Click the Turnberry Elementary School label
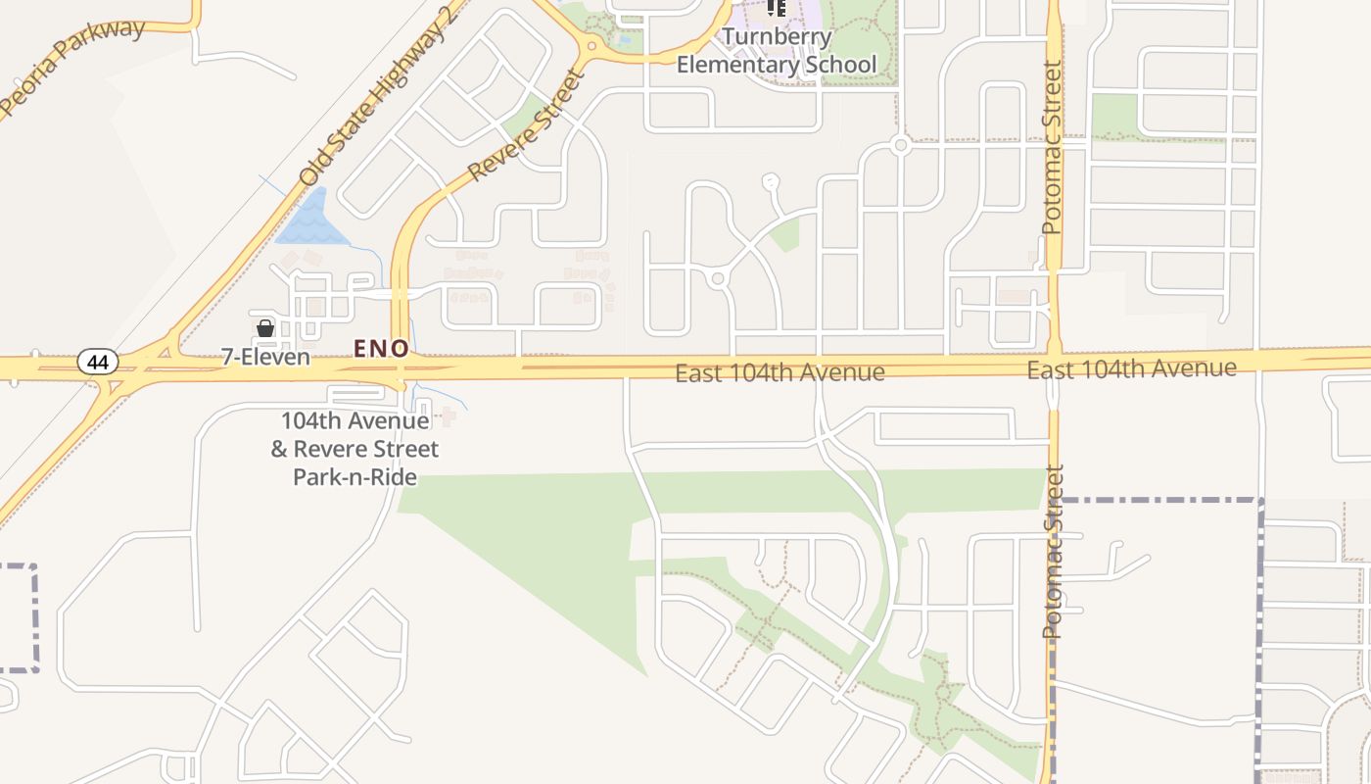(777, 52)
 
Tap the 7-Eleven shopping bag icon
(264, 328)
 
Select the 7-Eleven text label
(265, 357)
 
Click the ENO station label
(381, 348)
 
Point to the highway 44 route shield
(98, 363)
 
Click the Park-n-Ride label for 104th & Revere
(355, 449)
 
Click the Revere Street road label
(525, 124)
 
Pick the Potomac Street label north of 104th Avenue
(1052, 148)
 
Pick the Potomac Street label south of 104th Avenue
(1053, 552)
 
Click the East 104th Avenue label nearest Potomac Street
(1131, 369)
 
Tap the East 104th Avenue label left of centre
(780, 373)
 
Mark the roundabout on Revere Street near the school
(591, 46)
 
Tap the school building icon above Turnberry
(777, 8)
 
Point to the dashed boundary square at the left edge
(18, 617)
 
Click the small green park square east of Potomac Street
(1113, 115)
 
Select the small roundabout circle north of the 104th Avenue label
(718, 279)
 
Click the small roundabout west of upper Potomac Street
(900, 145)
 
